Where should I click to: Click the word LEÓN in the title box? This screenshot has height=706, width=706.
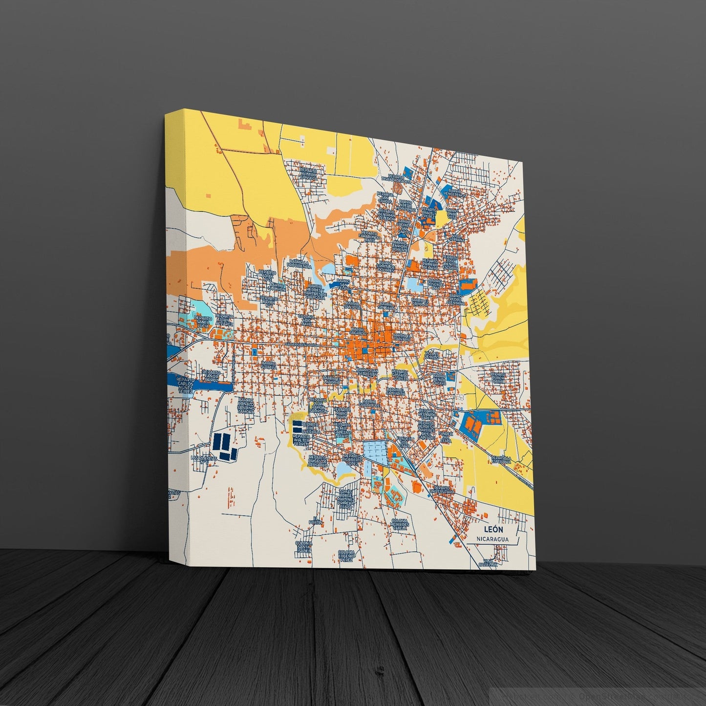tap(492, 529)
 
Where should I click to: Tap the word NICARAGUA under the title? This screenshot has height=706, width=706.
tap(493, 539)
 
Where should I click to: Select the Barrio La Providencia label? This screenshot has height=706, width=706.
tap(300, 266)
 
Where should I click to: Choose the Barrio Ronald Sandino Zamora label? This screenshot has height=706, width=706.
tap(246, 406)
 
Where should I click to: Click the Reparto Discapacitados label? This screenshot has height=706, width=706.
tap(398, 179)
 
